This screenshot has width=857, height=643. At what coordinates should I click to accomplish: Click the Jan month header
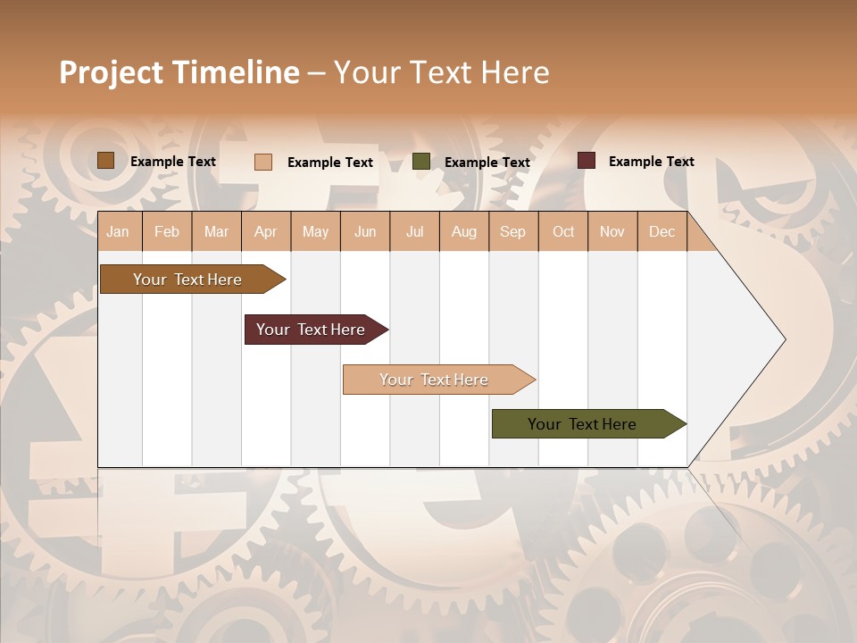[118, 231]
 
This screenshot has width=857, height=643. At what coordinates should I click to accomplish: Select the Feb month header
[167, 231]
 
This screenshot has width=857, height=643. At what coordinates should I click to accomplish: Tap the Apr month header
[265, 231]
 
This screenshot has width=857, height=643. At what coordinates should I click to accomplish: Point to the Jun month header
[365, 231]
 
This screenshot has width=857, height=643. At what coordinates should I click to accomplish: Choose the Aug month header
[463, 231]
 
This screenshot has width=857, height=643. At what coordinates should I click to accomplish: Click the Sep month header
[512, 231]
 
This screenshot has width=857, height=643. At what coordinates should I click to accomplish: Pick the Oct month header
[563, 231]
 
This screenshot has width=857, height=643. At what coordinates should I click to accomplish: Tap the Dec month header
[661, 231]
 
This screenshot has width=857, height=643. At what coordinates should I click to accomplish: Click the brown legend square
[106, 161]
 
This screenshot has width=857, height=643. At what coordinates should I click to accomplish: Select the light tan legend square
[263, 162]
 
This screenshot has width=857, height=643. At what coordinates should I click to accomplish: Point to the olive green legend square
[421, 162]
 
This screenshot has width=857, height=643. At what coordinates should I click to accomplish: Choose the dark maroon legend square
[587, 161]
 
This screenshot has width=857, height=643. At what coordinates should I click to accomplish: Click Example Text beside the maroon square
[651, 162]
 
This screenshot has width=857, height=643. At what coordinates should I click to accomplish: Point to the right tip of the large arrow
[783, 339]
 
